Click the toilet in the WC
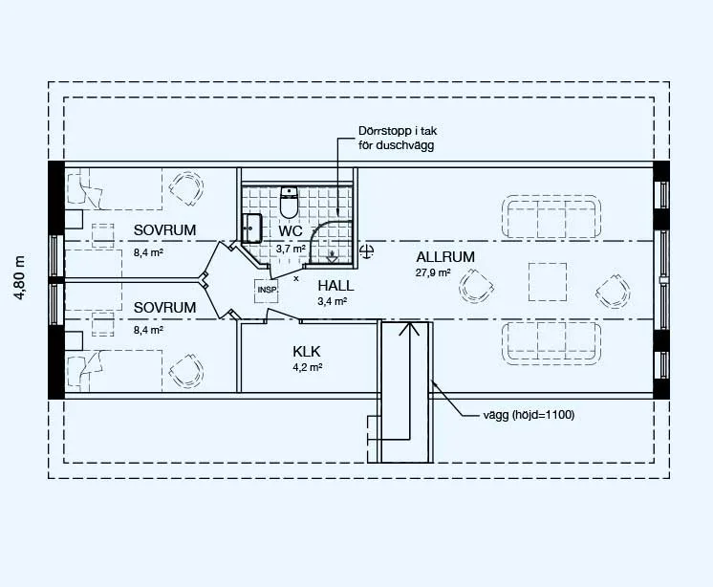pyautogui.click(x=289, y=203)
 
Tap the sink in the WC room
pyautogui.click(x=251, y=228)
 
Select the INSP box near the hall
pyautogui.click(x=267, y=291)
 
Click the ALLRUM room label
pyautogui.click(x=445, y=257)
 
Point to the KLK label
pyautogui.click(x=307, y=352)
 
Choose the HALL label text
pyautogui.click(x=335, y=286)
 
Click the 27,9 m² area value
pyautogui.click(x=432, y=272)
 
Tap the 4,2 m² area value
pyautogui.click(x=308, y=367)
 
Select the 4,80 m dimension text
pyautogui.click(x=19, y=278)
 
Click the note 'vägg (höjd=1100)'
pyautogui.click(x=529, y=415)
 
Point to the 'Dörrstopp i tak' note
pyautogui.click(x=398, y=131)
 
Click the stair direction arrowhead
pyautogui.click(x=409, y=329)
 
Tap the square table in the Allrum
pyautogui.click(x=548, y=282)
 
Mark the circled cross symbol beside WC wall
pyautogui.click(x=366, y=251)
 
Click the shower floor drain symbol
pyautogui.click(x=333, y=256)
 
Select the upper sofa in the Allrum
pyautogui.click(x=551, y=217)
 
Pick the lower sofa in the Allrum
pyautogui.click(x=551, y=342)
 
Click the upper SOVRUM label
pyautogui.click(x=164, y=230)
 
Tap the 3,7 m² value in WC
pyautogui.click(x=291, y=250)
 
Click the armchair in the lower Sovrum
pyautogui.click(x=186, y=372)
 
